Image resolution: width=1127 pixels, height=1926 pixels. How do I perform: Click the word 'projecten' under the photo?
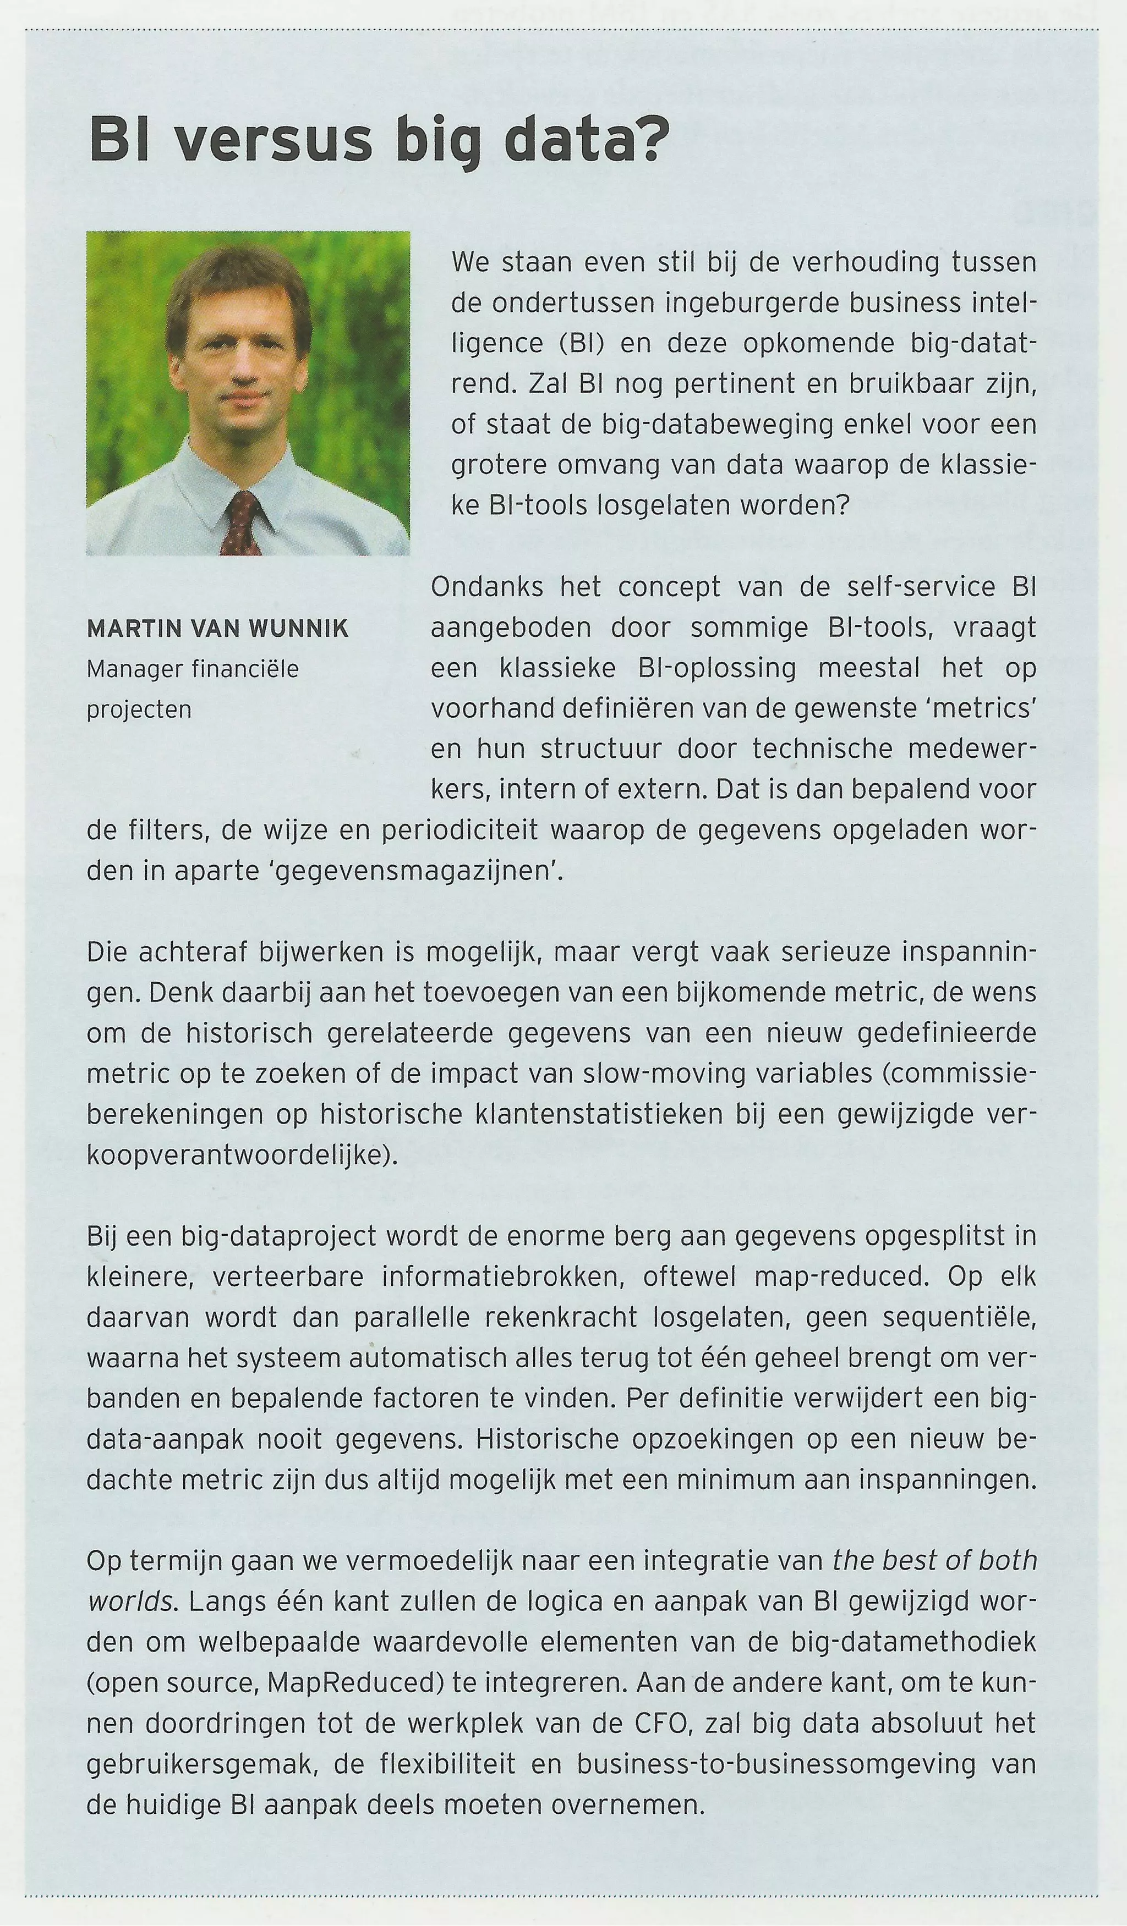point(138,710)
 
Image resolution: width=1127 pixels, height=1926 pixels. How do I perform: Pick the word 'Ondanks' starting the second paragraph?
point(487,587)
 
